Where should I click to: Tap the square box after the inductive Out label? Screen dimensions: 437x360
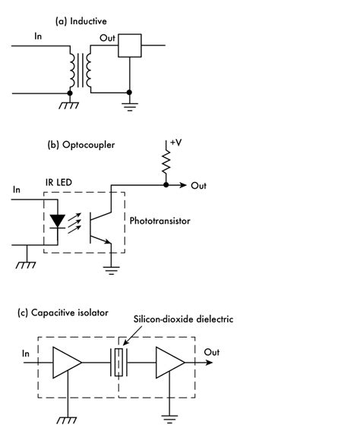tap(131, 46)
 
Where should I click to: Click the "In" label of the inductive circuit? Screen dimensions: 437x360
tap(38, 36)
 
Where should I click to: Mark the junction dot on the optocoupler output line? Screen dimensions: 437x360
tap(166, 185)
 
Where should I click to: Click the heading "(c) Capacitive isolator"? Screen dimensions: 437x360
tap(64, 312)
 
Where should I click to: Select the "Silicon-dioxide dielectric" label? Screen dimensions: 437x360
tap(182, 320)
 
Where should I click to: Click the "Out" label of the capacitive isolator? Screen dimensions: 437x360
tap(212, 352)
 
